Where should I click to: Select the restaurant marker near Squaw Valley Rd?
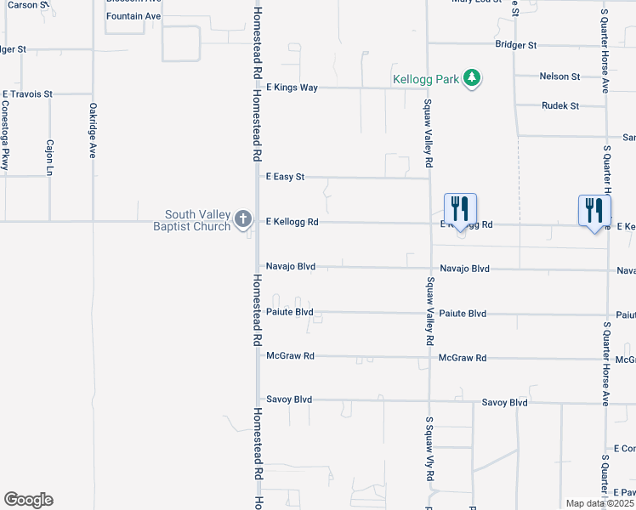[460, 209]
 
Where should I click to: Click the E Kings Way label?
[292, 88]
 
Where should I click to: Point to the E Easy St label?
[285, 177]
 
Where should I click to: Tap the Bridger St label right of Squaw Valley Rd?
[516, 44]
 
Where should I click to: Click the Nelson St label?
[559, 76]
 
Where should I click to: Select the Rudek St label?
[560, 106]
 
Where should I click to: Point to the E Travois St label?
[27, 93]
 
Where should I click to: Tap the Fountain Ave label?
[133, 16]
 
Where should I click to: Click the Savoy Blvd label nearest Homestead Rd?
[289, 399]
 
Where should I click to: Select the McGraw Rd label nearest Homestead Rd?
[290, 356]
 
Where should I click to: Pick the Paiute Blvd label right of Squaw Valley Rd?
[463, 314]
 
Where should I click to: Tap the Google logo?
[28, 500]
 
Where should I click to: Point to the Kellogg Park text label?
[425, 80]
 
